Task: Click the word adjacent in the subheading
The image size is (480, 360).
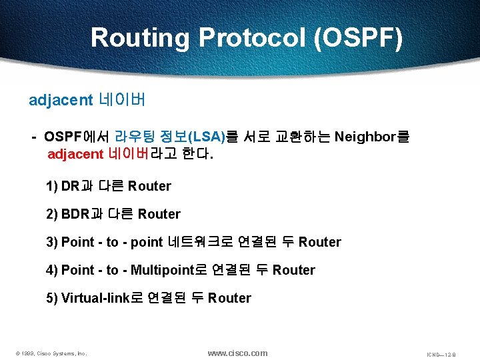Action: (x=61, y=100)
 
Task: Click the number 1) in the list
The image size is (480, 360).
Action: (x=52, y=186)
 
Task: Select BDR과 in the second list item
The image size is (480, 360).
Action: (x=81, y=214)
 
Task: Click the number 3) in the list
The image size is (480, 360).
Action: (x=52, y=242)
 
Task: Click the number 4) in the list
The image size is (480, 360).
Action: (x=52, y=270)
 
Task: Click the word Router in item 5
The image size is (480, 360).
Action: (x=229, y=298)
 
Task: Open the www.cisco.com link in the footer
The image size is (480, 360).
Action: (x=237, y=353)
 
